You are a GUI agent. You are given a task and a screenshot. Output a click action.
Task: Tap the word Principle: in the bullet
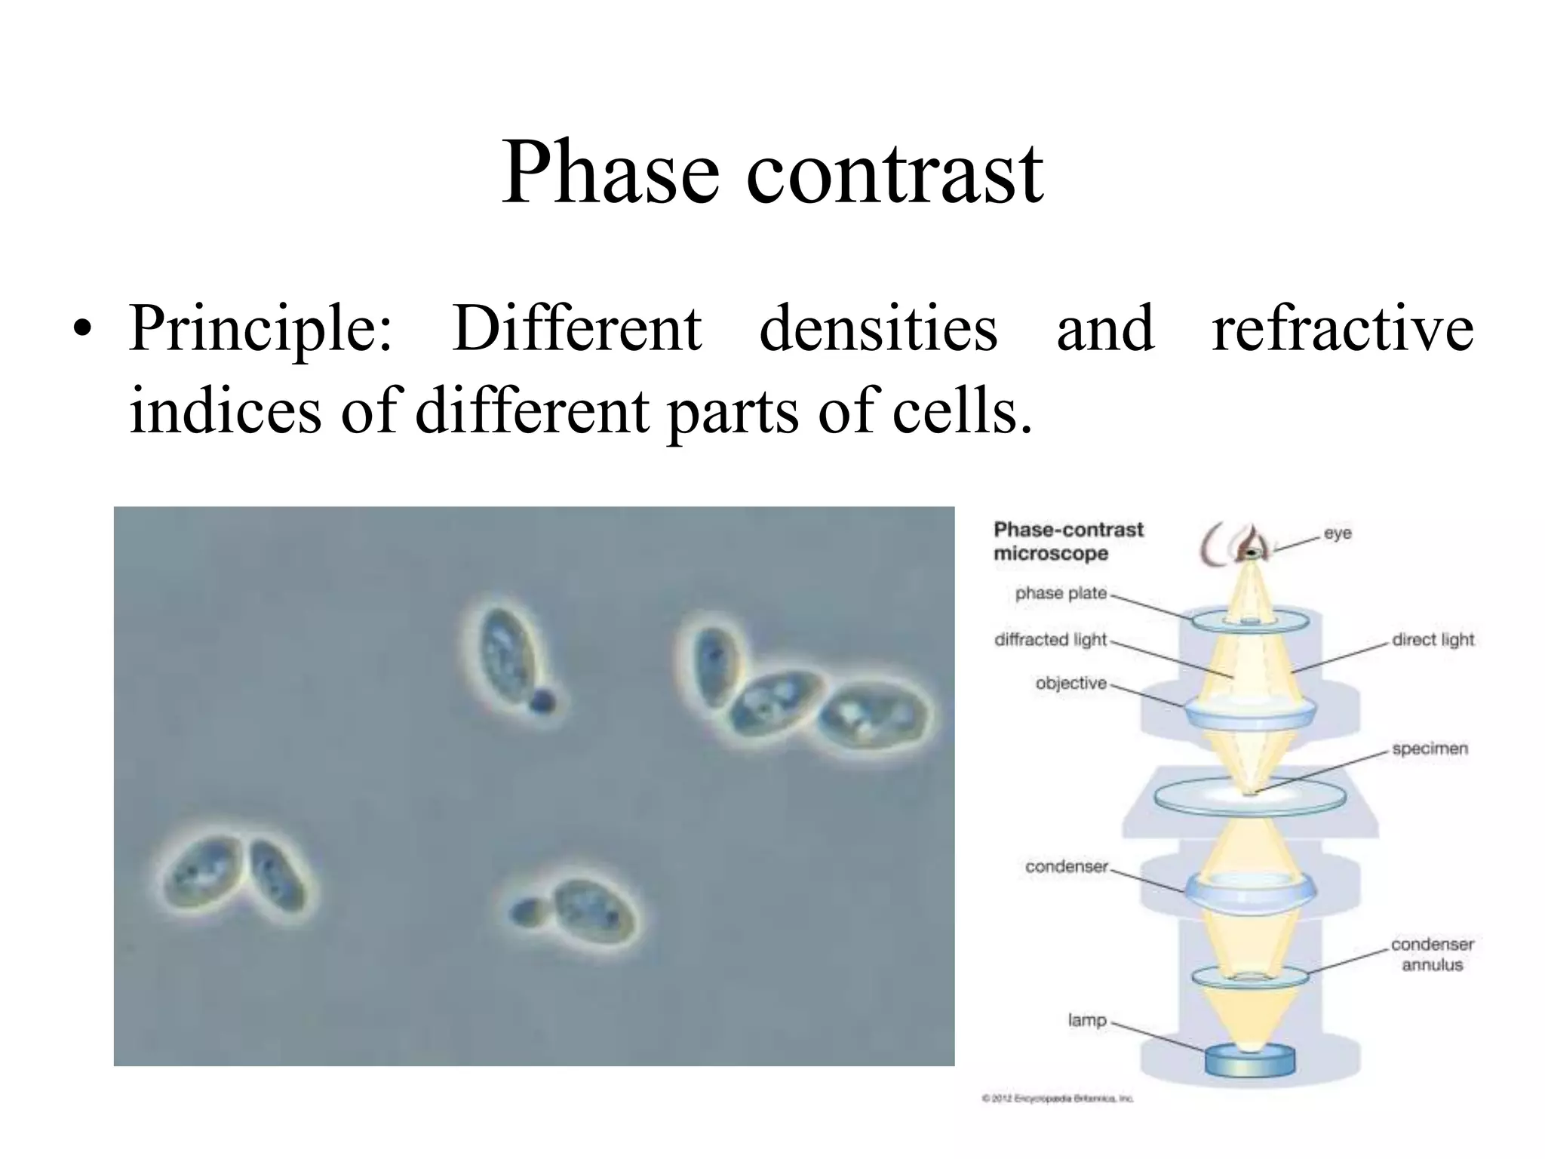[x=260, y=330]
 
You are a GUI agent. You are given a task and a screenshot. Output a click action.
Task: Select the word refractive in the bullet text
[x=1342, y=328]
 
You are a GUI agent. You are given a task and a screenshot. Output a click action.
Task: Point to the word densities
[x=878, y=328]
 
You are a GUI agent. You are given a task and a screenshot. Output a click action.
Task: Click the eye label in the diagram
[x=1338, y=533]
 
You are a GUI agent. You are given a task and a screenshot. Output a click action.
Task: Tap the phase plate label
[x=1061, y=593]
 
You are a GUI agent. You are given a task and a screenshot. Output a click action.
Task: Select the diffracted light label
[x=1050, y=640]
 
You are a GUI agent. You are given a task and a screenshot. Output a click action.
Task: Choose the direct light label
[x=1433, y=640]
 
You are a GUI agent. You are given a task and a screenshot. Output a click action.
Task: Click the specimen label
[x=1430, y=749]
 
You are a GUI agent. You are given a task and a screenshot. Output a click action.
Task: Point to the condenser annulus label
[x=1432, y=955]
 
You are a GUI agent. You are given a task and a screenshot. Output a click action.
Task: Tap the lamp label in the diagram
[x=1086, y=1020]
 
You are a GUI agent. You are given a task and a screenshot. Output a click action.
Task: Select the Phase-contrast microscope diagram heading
[x=1067, y=541]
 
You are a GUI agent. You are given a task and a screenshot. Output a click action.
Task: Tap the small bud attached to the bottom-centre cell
[x=524, y=912]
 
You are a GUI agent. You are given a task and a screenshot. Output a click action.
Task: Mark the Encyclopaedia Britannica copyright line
[x=1057, y=1099]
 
